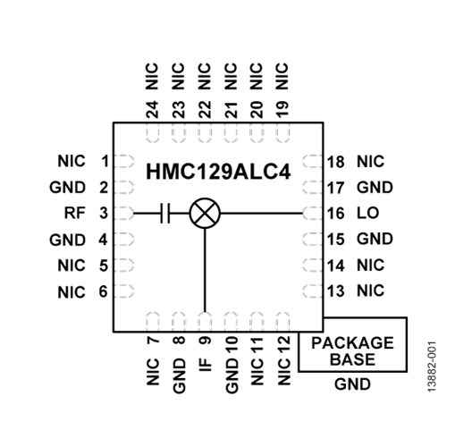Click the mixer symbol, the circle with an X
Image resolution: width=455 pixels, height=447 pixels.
[206, 213]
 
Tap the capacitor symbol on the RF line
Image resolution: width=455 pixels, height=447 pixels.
[164, 213]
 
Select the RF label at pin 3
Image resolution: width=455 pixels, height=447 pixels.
[74, 213]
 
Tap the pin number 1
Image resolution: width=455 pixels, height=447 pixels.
[105, 162]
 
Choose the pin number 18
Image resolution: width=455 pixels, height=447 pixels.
[336, 162]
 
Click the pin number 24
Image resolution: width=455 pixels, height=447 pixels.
[153, 109]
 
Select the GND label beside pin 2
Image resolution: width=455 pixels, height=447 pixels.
[69, 188]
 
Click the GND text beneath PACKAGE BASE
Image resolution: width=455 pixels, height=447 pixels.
[351, 385]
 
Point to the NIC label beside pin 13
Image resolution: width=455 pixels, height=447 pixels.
[369, 291]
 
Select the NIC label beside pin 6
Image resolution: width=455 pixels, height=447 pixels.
[71, 291]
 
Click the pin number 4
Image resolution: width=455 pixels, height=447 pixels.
[105, 240]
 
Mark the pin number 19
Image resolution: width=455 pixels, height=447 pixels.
[282, 109]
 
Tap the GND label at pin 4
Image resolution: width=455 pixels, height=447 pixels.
[69, 240]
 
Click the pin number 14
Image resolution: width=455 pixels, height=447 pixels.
[336, 266]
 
